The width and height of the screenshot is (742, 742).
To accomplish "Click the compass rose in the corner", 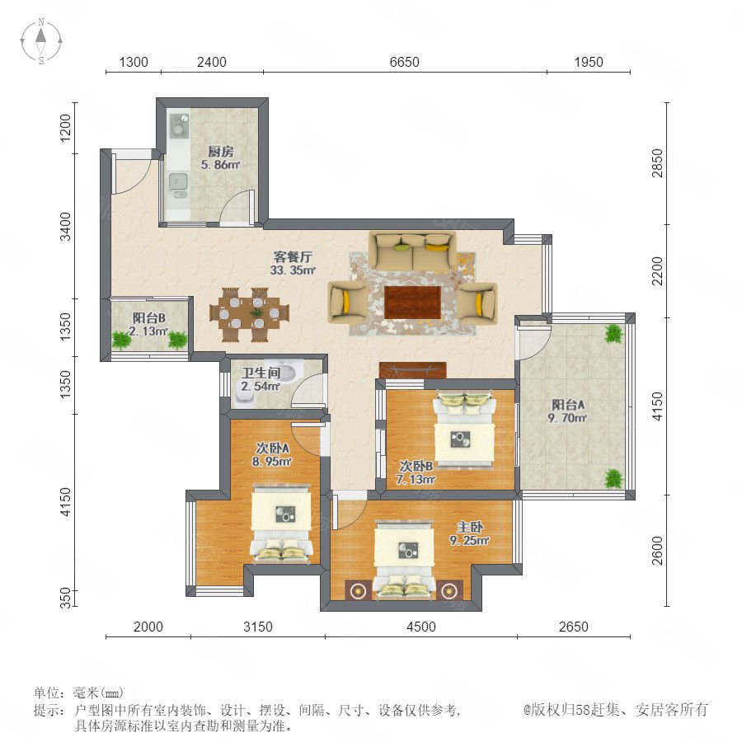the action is tap(41, 41).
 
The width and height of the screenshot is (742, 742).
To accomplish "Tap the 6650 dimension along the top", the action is tap(404, 62).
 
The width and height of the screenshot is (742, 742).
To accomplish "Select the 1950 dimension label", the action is tap(588, 62).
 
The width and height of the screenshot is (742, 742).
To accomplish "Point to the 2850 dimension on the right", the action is tap(657, 163).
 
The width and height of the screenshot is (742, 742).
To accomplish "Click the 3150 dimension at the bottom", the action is tap(258, 627).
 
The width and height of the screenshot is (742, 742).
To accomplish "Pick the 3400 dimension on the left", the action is tap(65, 227).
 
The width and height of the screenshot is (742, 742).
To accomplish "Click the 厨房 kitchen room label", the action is tap(220, 152).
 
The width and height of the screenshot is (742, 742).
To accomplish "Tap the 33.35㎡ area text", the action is tap(293, 270).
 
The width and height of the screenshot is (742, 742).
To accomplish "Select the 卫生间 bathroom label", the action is tap(261, 373).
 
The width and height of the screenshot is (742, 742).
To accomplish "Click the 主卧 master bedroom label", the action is tap(469, 527).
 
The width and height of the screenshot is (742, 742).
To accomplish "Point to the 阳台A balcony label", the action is tap(568, 405).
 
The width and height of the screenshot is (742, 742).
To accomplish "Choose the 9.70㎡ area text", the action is tap(567, 418).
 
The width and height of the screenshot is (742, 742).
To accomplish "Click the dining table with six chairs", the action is tap(249, 314).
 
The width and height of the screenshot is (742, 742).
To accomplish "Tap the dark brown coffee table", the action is tap(413, 303).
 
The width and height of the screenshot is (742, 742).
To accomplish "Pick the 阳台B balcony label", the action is tap(148, 318).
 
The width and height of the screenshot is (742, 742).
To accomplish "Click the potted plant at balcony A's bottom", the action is tap(613, 479).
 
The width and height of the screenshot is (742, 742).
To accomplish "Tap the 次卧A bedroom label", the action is tap(272, 448).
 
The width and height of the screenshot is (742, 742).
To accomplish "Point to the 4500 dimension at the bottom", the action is tap(420, 627).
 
